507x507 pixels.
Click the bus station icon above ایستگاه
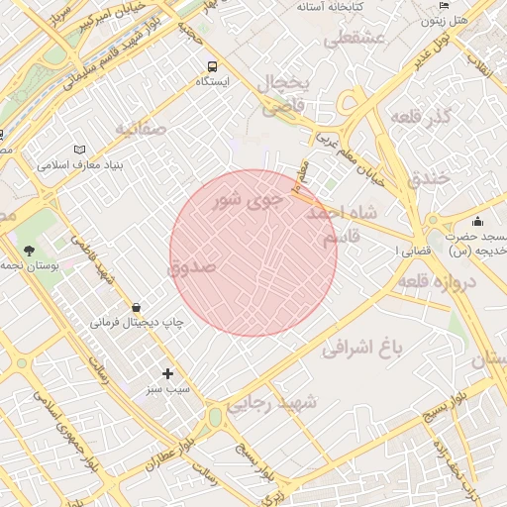tap(211, 66)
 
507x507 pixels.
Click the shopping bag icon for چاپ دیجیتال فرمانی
tap(135, 307)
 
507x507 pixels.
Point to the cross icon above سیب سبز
tap(167, 373)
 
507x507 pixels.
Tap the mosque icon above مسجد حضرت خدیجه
tap(478, 221)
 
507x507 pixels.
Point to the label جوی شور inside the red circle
tap(249, 203)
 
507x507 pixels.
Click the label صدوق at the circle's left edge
tap(192, 267)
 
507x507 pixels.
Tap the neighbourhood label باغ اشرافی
tap(364, 348)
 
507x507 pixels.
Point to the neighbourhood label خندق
tap(428, 178)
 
